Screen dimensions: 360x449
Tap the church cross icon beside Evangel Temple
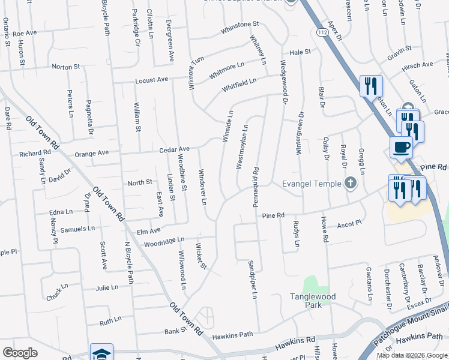point(351,183)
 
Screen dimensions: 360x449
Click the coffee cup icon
point(401,146)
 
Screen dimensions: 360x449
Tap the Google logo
point(20,353)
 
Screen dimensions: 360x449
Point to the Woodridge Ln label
point(163,241)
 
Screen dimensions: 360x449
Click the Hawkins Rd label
point(295,343)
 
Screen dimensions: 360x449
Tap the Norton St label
point(65,67)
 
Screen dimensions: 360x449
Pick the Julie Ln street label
point(107,288)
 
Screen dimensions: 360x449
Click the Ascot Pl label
point(349,224)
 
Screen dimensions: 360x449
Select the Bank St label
point(175,331)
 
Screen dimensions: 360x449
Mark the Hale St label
point(300,53)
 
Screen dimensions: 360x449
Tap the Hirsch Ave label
point(418,65)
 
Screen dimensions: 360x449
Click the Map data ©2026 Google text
point(411,355)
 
